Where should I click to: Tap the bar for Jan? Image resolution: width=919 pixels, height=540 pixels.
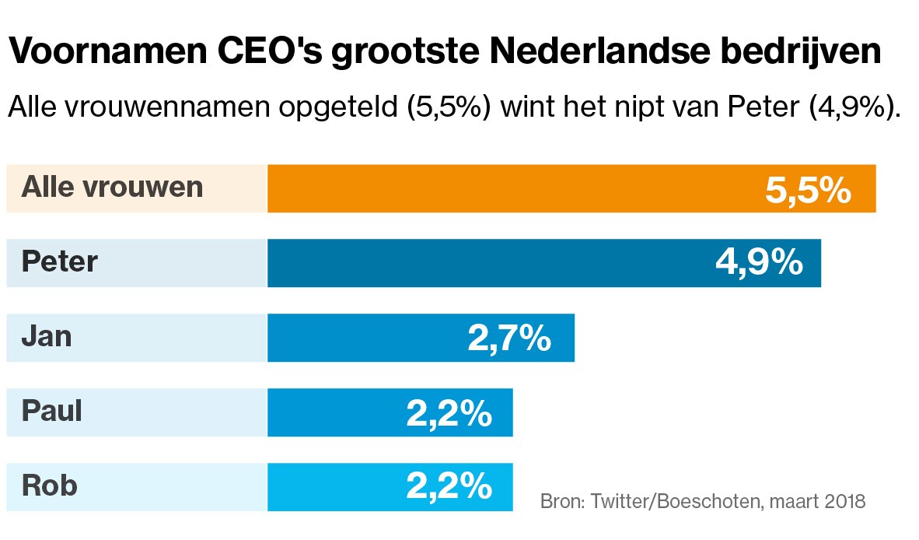[x=365, y=338]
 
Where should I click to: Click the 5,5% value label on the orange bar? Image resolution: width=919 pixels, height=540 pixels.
[x=808, y=190]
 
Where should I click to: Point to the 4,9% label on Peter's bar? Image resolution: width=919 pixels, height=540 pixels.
[x=758, y=264]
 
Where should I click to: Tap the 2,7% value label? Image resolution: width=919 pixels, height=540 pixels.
[x=509, y=338]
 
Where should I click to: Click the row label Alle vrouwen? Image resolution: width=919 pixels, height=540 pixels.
[x=113, y=188]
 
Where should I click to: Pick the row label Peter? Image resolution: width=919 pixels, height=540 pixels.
[x=60, y=262]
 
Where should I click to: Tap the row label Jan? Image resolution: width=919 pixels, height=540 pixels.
[x=47, y=337]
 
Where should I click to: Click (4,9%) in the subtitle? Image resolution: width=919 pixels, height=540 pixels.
[x=854, y=107]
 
